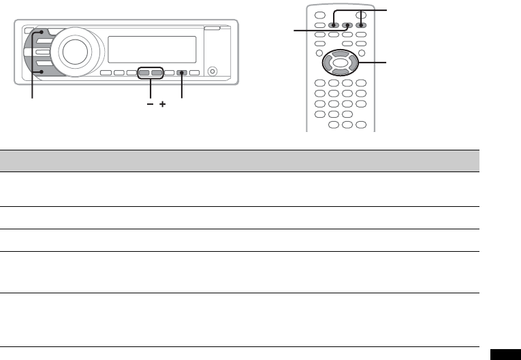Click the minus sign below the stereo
(150, 105)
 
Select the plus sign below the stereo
(163, 105)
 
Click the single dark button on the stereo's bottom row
(182, 72)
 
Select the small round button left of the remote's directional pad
(318, 53)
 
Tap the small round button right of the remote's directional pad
(362, 53)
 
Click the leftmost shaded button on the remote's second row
(333, 24)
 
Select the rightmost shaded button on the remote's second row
(362, 24)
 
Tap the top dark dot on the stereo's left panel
(42, 32)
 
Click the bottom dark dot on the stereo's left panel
(41, 72)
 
